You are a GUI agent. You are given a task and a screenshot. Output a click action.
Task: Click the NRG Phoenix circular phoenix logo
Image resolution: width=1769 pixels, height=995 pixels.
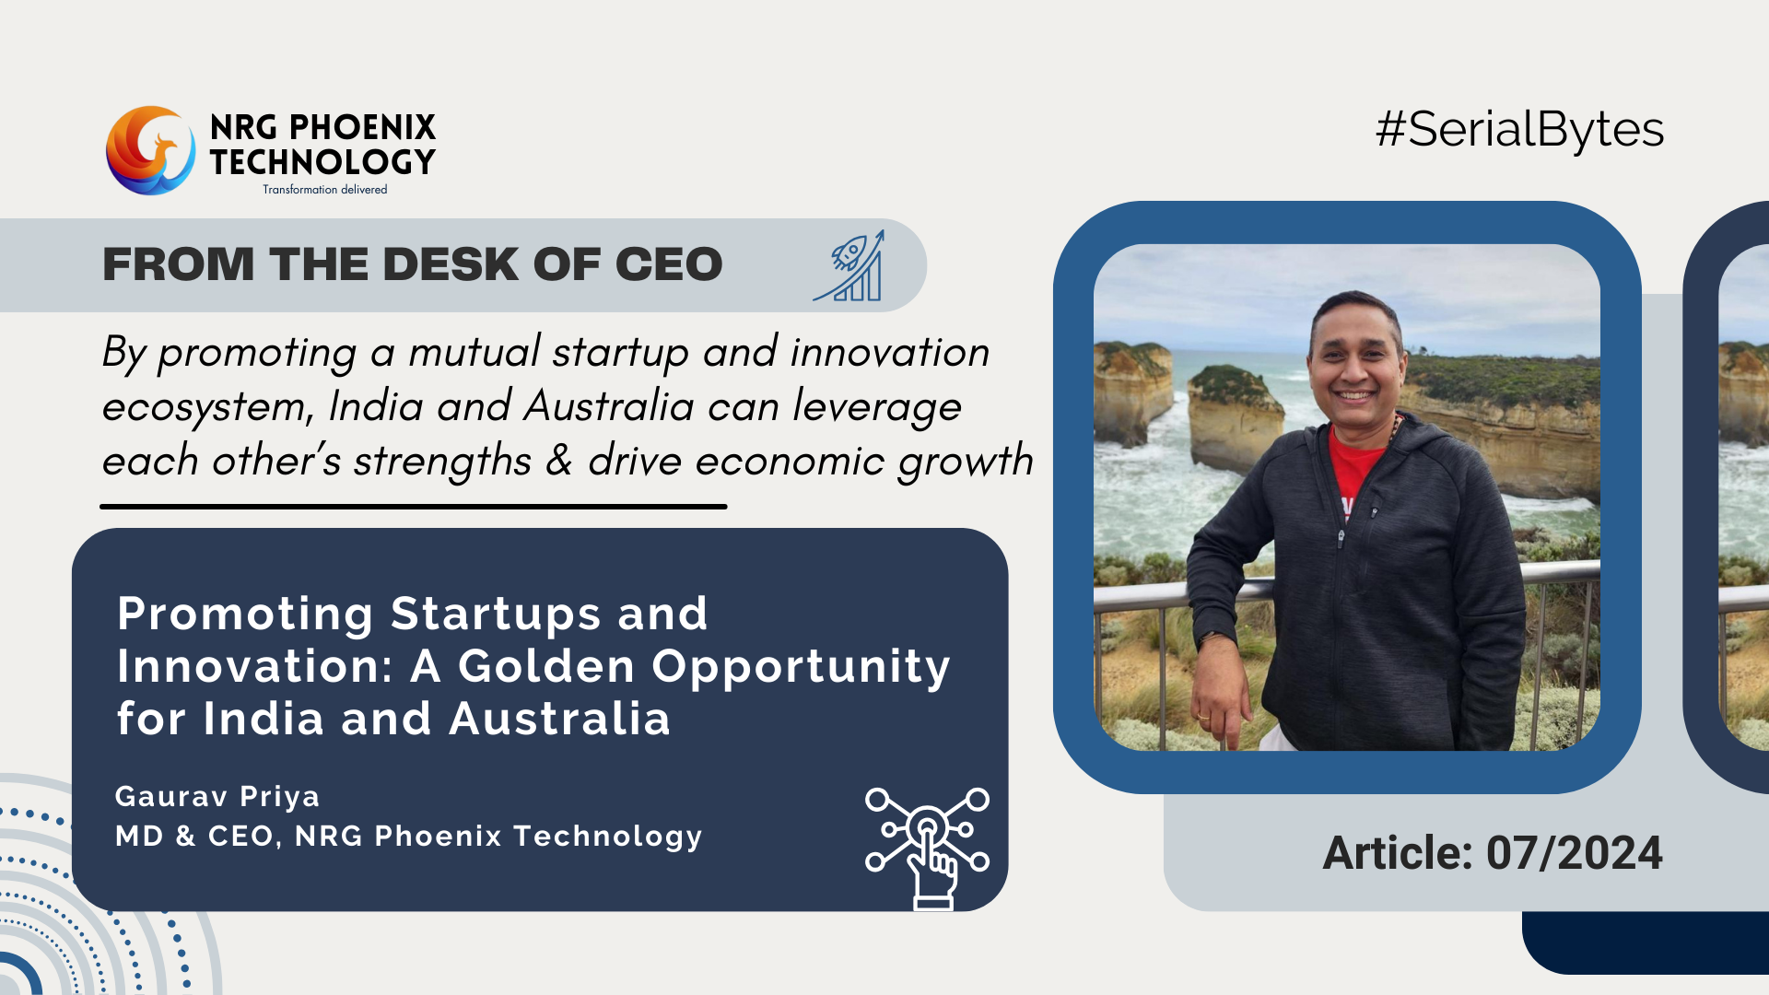(150, 150)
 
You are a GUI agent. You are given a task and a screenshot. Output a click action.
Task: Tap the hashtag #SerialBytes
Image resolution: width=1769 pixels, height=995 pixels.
(1519, 130)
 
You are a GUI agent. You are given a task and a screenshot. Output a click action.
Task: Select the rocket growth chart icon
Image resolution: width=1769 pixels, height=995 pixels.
(849, 265)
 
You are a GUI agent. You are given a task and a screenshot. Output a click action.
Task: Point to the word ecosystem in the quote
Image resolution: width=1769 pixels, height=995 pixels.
(208, 407)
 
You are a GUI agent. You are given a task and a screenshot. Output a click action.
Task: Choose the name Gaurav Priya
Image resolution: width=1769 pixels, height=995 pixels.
(217, 796)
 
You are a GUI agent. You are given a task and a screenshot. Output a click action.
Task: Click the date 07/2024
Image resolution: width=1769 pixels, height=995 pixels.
(1575, 853)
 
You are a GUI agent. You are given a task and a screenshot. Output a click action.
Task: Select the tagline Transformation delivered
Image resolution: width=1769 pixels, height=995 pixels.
(324, 190)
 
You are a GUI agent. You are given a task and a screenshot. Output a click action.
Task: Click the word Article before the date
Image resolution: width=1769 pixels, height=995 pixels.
(1398, 853)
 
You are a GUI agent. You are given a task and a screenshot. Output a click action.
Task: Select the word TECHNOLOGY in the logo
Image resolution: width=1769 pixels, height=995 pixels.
(322, 162)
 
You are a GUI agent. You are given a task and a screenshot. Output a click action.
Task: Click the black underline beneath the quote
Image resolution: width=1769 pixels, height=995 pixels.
(414, 506)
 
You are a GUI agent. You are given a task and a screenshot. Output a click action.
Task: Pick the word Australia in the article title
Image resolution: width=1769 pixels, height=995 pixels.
(559, 719)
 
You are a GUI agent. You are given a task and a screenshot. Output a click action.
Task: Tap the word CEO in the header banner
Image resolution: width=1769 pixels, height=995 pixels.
(669, 264)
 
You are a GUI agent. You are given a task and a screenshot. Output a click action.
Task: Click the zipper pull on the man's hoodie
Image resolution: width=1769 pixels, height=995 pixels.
(1341, 539)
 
